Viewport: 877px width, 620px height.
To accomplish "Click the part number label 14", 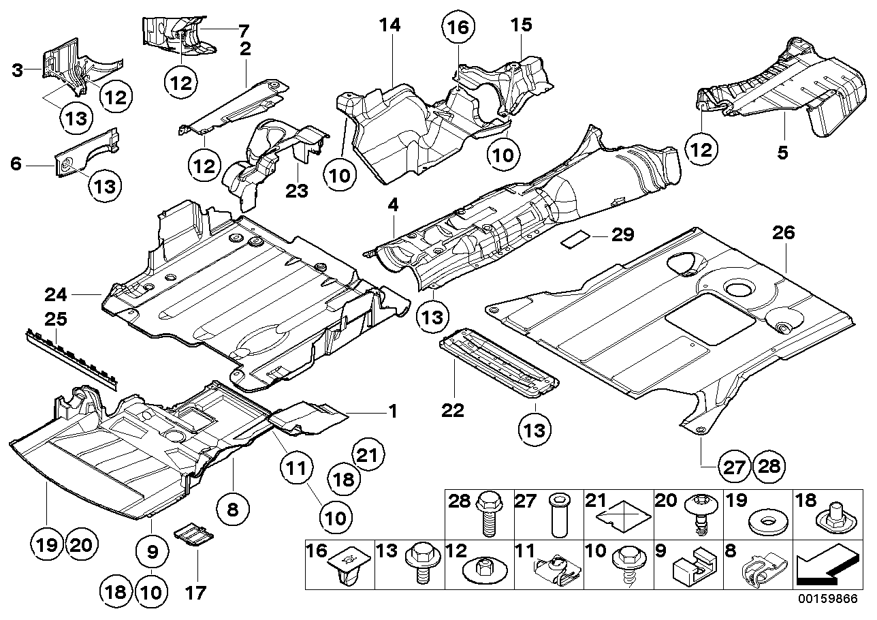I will [390, 26].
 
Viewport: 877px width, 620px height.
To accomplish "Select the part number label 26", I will [783, 234].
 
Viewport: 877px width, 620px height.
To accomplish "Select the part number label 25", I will [53, 318].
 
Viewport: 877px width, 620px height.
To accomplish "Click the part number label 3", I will [18, 69].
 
